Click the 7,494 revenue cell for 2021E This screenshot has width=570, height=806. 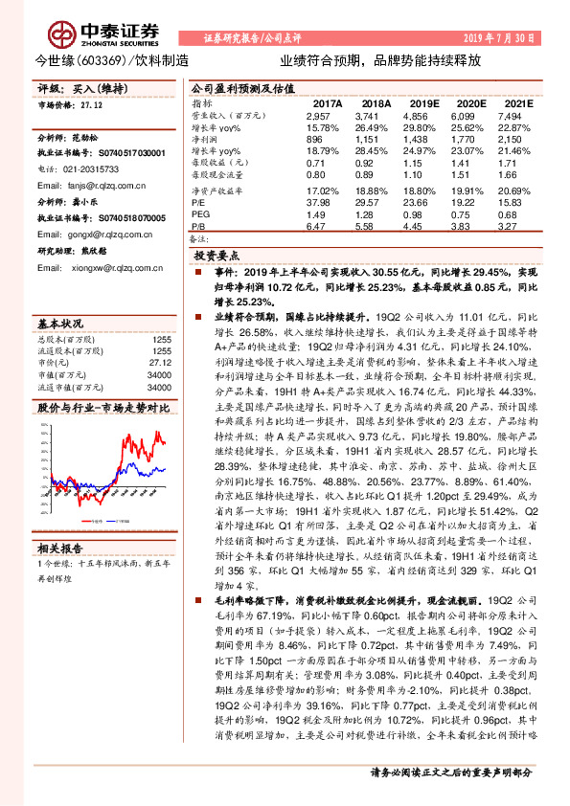(511, 114)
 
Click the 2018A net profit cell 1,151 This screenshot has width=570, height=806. (372, 138)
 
